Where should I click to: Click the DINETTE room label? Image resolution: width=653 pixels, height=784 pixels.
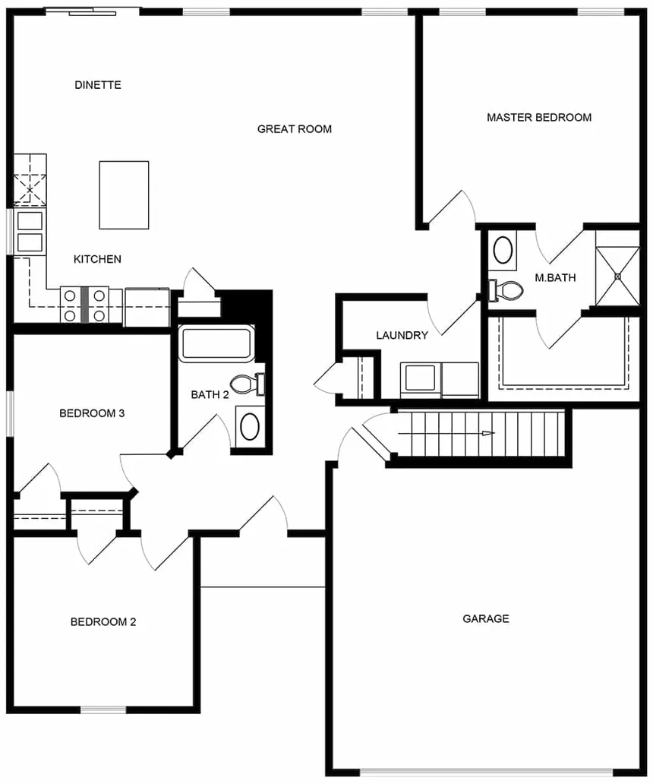click(98, 85)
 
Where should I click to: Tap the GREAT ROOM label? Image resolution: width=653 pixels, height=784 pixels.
click(295, 129)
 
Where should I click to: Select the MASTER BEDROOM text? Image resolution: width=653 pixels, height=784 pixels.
click(539, 118)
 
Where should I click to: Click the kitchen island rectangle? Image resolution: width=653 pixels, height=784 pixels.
click(124, 194)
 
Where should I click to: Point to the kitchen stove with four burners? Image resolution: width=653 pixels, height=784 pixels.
click(84, 305)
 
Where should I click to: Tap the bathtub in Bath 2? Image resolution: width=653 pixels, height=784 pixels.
click(217, 343)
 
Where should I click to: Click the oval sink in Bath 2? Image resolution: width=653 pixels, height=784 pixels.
click(249, 428)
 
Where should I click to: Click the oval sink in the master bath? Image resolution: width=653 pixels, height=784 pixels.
click(503, 250)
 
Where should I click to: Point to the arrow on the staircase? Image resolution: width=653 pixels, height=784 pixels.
click(486, 434)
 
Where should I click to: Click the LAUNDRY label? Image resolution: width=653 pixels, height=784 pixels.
click(402, 336)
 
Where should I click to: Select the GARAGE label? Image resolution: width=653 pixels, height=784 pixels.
click(486, 619)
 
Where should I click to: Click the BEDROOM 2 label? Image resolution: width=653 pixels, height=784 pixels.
click(103, 622)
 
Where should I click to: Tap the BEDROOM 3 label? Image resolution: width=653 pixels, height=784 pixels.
click(92, 414)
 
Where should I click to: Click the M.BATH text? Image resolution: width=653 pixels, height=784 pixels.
click(555, 278)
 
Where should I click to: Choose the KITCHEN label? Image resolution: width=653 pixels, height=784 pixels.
click(97, 260)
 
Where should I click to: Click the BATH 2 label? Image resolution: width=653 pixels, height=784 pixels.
click(210, 395)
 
